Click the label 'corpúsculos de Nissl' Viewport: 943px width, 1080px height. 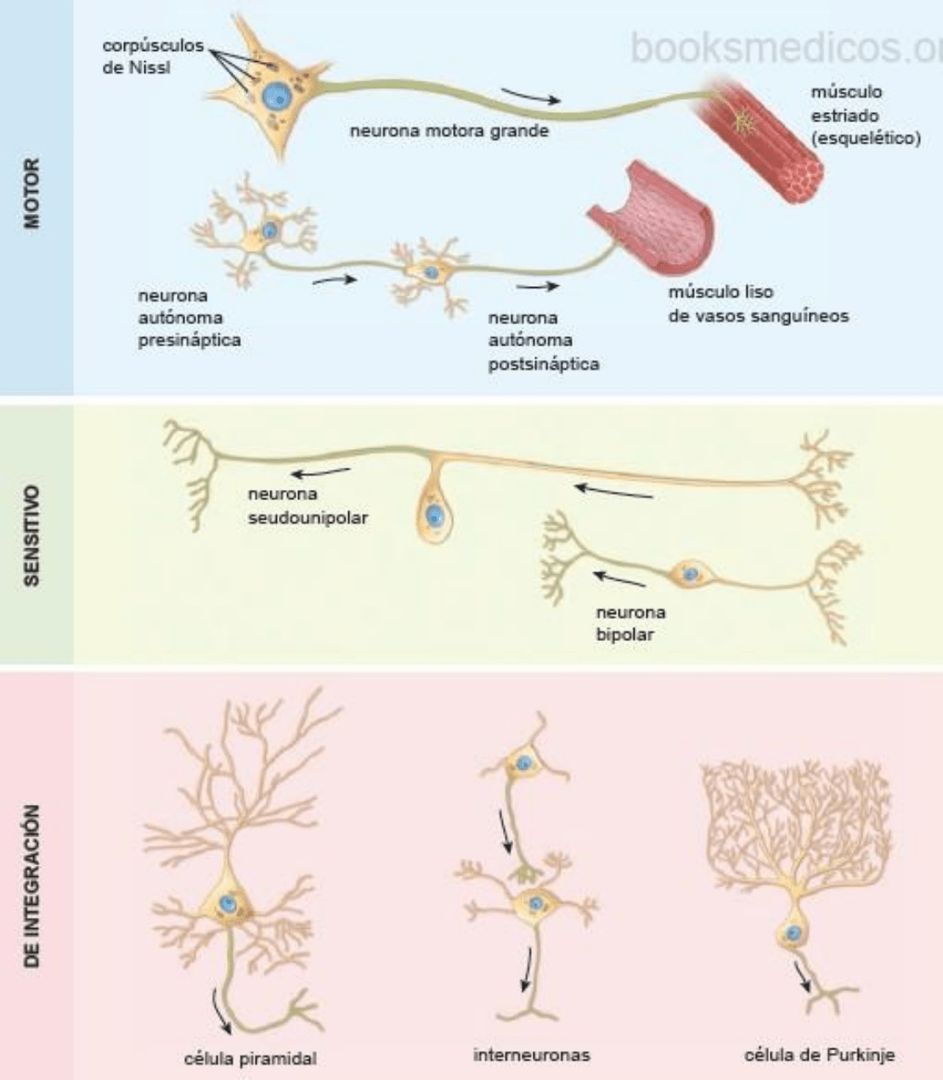(153, 56)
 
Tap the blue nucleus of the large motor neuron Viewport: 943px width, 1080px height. (275, 97)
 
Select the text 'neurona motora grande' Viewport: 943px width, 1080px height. (449, 132)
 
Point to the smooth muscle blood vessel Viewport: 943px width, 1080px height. (654, 221)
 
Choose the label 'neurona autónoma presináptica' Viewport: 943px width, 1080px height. (189, 318)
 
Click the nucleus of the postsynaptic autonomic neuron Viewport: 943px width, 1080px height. (432, 273)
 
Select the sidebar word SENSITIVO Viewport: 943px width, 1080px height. (33, 535)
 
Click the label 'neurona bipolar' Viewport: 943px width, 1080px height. (630, 623)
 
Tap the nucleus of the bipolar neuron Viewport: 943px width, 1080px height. (691, 575)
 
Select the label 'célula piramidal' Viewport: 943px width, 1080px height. (250, 1059)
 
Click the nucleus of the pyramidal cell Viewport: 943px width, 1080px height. (227, 904)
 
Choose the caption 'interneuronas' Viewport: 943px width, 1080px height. (531, 1055)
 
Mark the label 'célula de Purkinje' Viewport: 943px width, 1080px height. (819, 1055)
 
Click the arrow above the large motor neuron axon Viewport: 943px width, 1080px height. (530, 95)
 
